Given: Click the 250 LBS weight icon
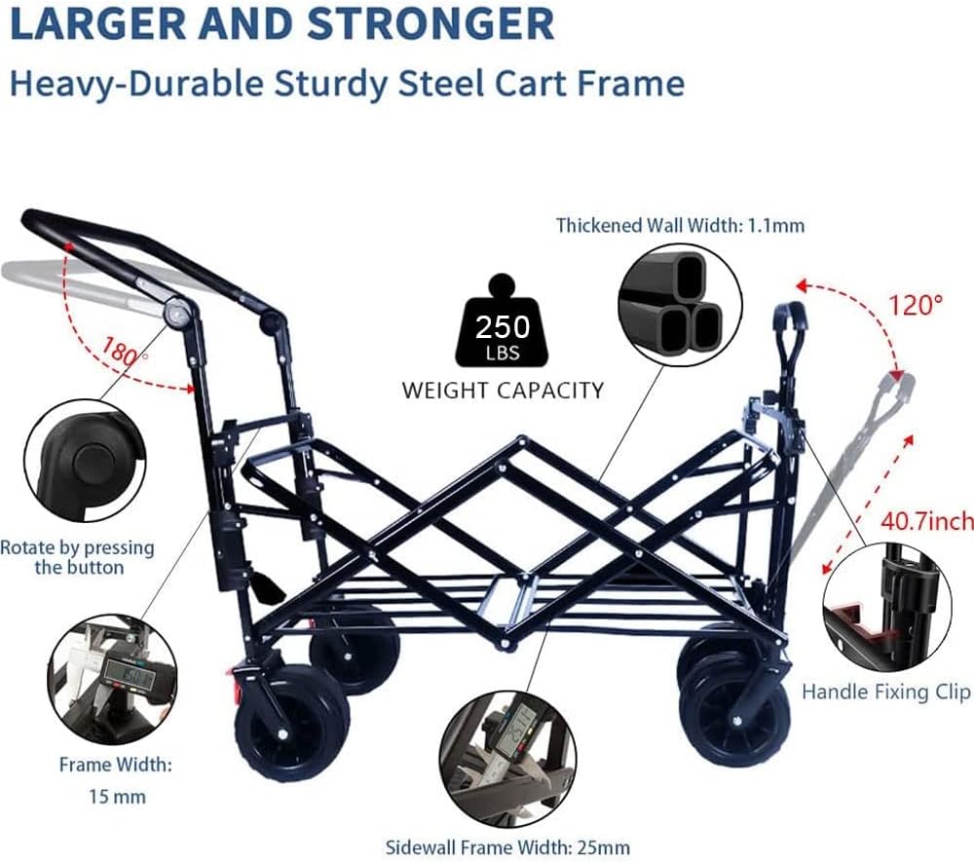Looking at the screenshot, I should pos(503,327).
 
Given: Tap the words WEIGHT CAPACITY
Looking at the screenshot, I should pos(503,391).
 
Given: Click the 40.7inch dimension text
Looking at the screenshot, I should pos(925,522).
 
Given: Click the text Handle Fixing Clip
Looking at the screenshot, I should pos(885,692).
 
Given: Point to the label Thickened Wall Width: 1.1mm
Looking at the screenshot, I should pos(680,226).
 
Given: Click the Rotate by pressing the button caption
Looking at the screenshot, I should pos(78,557).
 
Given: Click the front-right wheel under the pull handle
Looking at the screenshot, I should pos(736,710).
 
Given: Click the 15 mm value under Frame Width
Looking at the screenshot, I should pos(116,797).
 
